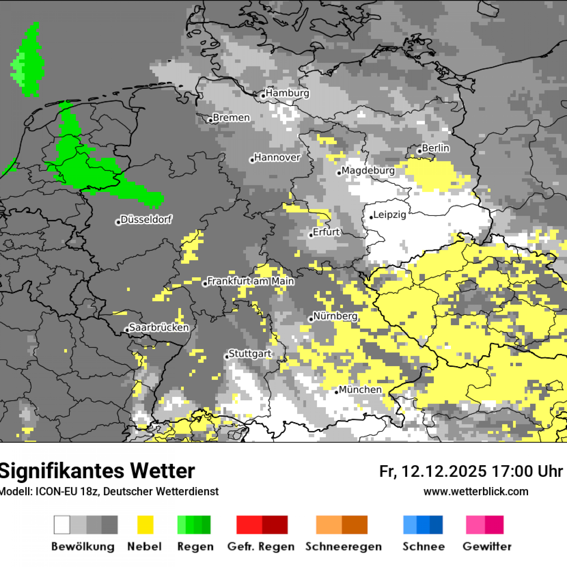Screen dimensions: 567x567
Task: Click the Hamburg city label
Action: pos(287,93)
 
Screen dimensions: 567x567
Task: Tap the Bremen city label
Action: pos(231,118)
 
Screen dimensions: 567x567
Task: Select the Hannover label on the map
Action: pos(277,158)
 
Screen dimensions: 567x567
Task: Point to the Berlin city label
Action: pos(436,148)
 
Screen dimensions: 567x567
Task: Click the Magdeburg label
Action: pos(368,171)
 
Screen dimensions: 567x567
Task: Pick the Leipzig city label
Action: pos(390,215)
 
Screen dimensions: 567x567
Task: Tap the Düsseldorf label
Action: pos(146,220)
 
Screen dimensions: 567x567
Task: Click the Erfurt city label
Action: pos(326,232)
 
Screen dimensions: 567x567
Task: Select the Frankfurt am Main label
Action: pos(251,281)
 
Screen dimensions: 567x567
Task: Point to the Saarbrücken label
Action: pos(159,327)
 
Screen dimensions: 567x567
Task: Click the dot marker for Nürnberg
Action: pos(311,319)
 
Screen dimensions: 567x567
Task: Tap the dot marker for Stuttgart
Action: pos(227,357)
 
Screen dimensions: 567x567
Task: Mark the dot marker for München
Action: pos(337,392)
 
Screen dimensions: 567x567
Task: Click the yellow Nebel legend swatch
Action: pos(145,525)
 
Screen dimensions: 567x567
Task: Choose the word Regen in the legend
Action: pos(196,547)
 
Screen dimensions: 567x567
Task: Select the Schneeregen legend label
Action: pos(343,547)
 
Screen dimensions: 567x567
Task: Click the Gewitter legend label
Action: pos(487,547)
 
